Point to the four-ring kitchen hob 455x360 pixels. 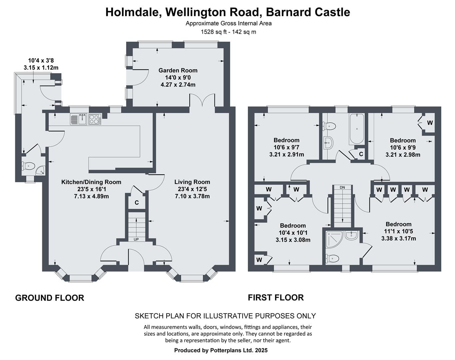tap(95, 119)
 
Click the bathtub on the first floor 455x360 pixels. tap(357, 129)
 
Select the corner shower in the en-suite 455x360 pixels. tap(334, 239)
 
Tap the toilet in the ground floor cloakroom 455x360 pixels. tap(28, 166)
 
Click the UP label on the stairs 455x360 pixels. tap(136, 239)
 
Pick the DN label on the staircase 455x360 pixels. tap(342, 187)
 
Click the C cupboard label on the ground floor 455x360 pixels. tap(137, 203)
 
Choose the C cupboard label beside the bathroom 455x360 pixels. tap(361, 154)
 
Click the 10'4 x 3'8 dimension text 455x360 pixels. tap(41, 61)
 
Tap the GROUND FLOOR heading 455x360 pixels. tap(50, 298)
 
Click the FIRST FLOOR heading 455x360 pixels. tap(276, 298)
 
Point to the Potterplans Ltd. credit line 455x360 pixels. tap(221, 350)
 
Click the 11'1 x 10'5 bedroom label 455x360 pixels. tap(399, 231)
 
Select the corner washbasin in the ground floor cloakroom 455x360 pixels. tap(41, 170)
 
